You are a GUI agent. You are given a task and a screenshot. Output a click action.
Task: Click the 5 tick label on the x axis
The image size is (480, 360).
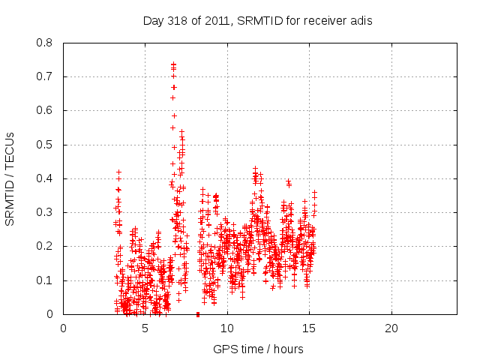[145, 328]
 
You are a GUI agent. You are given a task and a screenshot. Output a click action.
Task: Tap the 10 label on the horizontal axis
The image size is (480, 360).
[227, 328]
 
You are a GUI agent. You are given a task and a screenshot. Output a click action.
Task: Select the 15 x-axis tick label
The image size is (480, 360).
[309, 328]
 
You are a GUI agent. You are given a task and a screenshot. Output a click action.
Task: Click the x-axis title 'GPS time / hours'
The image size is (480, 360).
[258, 349]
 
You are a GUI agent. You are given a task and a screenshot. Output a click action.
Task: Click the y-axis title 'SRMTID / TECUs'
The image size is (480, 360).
[10, 178]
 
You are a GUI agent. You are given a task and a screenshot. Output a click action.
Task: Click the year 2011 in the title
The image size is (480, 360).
[218, 20]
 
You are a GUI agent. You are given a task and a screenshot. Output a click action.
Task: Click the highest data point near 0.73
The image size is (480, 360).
[173, 64]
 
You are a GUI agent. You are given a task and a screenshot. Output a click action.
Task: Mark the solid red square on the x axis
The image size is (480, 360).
[197, 314]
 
